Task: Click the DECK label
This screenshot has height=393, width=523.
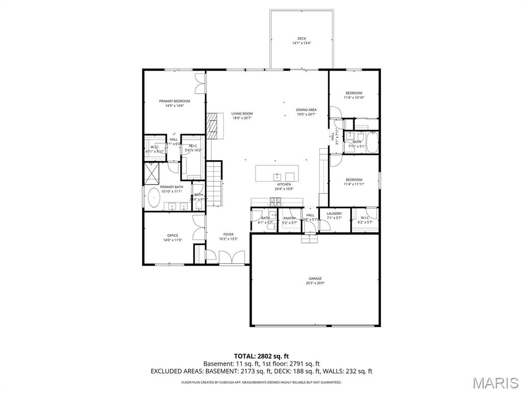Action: (301, 38)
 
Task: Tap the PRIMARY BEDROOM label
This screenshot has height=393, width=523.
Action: (174, 101)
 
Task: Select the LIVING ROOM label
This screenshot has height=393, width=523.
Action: (242, 114)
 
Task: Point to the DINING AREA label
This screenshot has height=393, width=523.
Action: (306, 110)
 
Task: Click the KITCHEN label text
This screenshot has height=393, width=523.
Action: (284, 184)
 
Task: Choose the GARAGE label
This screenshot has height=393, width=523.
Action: (315, 278)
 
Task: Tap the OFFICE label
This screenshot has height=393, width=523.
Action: (173, 235)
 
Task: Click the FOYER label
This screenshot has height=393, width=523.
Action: (228, 234)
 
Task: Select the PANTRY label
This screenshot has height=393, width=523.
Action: (290, 218)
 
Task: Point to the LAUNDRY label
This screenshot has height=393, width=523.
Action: (334, 213)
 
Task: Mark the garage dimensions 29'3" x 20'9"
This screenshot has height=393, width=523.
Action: (315, 283)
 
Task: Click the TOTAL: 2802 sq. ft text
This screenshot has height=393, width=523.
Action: (261, 356)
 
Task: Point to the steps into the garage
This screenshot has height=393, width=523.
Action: (308, 238)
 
